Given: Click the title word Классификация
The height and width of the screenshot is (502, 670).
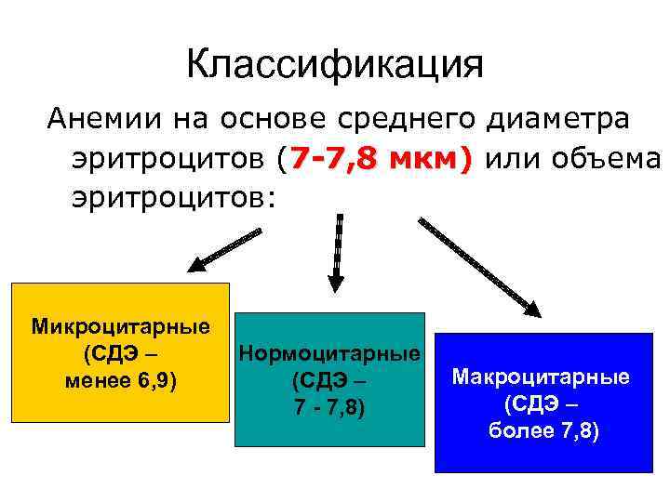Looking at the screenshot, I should pos(335,65).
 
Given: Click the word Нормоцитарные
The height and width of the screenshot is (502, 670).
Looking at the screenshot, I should pos(329,354).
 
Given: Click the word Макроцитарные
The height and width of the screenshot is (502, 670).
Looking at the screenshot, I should pos(541,376).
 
